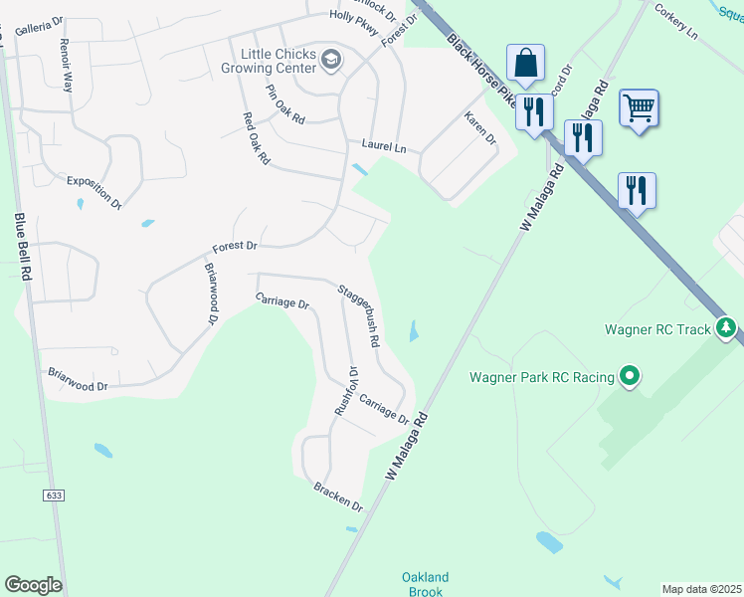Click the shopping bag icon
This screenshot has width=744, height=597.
525,63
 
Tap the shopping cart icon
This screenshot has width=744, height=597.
639,106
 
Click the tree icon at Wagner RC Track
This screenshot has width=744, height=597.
727,328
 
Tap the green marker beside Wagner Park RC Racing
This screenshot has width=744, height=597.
629,377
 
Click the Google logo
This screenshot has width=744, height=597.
33,585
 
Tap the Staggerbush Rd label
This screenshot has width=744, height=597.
359,315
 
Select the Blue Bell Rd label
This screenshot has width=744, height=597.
21,248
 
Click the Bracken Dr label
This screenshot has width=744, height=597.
338,497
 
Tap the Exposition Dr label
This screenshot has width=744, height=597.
93,192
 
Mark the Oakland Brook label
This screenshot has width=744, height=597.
425,584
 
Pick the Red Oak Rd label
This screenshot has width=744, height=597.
257,138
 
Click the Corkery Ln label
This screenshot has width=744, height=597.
675,20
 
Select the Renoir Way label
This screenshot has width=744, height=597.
67,66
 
